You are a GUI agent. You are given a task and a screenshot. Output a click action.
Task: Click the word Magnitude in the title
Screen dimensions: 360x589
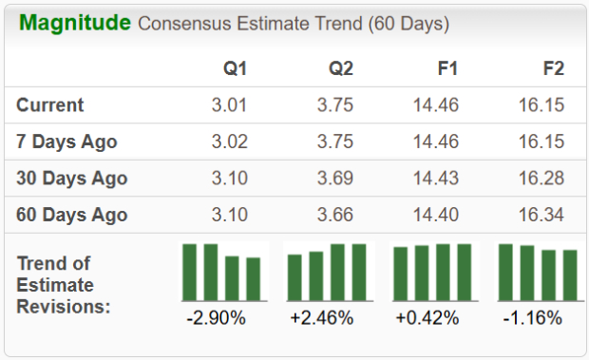tap(75, 23)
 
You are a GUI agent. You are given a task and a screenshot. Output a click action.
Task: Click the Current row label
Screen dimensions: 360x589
tap(50, 104)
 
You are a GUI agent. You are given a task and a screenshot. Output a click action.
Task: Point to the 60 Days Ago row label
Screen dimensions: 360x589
tap(71, 215)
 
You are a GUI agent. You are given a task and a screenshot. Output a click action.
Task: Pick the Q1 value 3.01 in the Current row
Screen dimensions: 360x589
tap(230, 104)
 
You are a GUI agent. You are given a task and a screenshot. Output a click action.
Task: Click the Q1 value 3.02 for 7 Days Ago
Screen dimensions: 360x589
tap(230, 142)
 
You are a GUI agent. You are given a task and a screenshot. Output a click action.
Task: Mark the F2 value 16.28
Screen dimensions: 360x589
tap(541, 178)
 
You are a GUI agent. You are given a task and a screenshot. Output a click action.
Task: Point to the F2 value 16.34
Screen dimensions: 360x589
tap(541, 215)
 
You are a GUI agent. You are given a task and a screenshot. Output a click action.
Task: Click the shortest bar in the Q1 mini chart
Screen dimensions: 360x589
tap(253, 278)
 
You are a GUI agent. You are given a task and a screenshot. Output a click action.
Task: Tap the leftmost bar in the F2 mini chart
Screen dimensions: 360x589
tap(505, 272)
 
